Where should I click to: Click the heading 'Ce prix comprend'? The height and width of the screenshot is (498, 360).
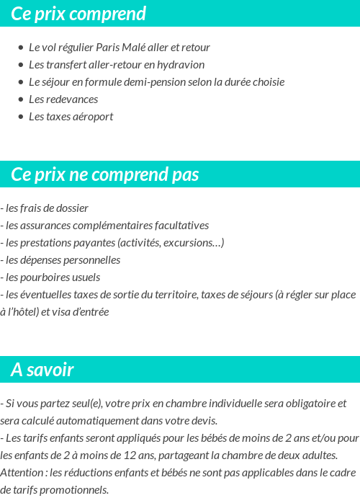[78, 14]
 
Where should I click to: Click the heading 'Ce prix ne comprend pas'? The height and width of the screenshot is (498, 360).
[105, 175]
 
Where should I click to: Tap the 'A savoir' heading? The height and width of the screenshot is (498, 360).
[42, 370]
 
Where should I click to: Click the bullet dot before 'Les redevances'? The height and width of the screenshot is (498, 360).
[21, 99]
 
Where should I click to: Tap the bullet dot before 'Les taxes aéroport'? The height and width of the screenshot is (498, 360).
[21, 117]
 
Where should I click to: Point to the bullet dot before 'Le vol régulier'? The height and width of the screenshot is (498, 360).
[21, 48]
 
